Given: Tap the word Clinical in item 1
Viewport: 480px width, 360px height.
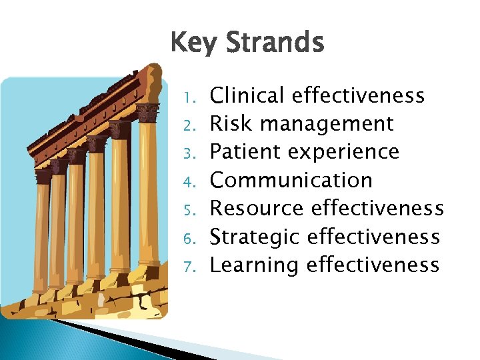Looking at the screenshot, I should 247,96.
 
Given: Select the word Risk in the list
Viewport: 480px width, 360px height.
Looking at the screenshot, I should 232,124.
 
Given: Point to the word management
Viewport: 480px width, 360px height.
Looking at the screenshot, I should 327,125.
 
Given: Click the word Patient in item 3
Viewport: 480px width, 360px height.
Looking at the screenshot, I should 243,152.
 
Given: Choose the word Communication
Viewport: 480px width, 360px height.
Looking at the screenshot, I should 291,181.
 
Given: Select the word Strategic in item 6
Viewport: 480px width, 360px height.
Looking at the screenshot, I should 257,237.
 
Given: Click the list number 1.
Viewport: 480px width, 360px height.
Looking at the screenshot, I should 188,97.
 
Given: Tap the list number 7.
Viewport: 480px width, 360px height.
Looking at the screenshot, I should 188,267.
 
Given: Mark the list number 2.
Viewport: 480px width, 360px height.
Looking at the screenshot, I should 188,125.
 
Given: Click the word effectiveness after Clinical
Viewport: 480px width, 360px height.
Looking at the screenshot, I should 358,96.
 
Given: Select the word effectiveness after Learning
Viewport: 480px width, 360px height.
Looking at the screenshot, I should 373,265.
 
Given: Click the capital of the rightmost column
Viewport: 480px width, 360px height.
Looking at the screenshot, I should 147,112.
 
